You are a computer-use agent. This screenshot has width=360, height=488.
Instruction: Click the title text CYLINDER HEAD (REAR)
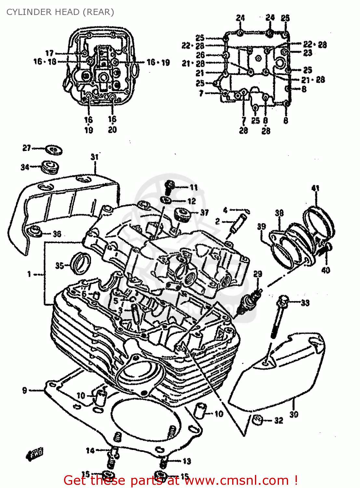tap(60, 12)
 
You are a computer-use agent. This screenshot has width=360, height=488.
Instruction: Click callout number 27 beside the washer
tap(26, 148)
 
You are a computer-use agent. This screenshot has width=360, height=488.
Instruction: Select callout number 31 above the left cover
tap(94, 157)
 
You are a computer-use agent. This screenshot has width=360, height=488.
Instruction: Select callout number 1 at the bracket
tap(29, 274)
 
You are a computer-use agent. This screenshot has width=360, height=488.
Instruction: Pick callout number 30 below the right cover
tap(294, 414)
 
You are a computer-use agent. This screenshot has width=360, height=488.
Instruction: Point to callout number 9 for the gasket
tap(25, 390)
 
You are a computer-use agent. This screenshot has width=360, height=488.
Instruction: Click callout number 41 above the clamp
tap(315, 188)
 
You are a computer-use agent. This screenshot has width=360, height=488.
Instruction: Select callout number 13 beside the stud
tap(187, 461)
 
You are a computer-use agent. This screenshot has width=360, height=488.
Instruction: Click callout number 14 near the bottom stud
tap(90, 450)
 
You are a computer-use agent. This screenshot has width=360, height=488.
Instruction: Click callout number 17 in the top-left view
tap(49, 53)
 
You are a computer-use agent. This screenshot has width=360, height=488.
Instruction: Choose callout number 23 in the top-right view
tap(307, 53)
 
